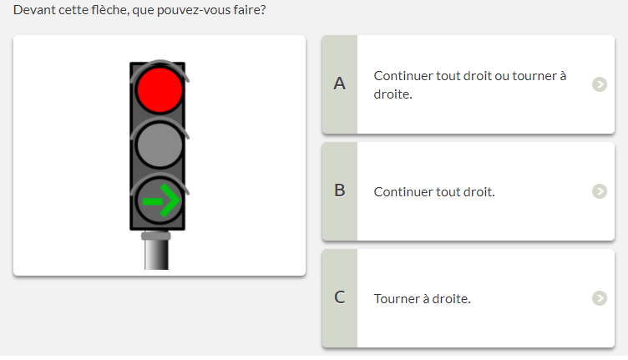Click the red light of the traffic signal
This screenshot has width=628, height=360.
160,89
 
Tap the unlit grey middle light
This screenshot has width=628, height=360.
160,145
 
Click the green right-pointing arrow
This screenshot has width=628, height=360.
161,200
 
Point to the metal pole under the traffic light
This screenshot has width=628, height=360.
156,254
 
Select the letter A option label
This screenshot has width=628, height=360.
340,84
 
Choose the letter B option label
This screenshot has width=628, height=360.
340,190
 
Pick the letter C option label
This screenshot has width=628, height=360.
340,297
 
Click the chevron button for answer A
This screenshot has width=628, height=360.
600,84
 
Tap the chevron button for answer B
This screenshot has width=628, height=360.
600,191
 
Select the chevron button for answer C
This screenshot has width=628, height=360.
600,298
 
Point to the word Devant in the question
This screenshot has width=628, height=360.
34,10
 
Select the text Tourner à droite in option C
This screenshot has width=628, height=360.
422,299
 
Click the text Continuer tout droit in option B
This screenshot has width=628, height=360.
434,192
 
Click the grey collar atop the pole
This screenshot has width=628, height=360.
156,236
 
